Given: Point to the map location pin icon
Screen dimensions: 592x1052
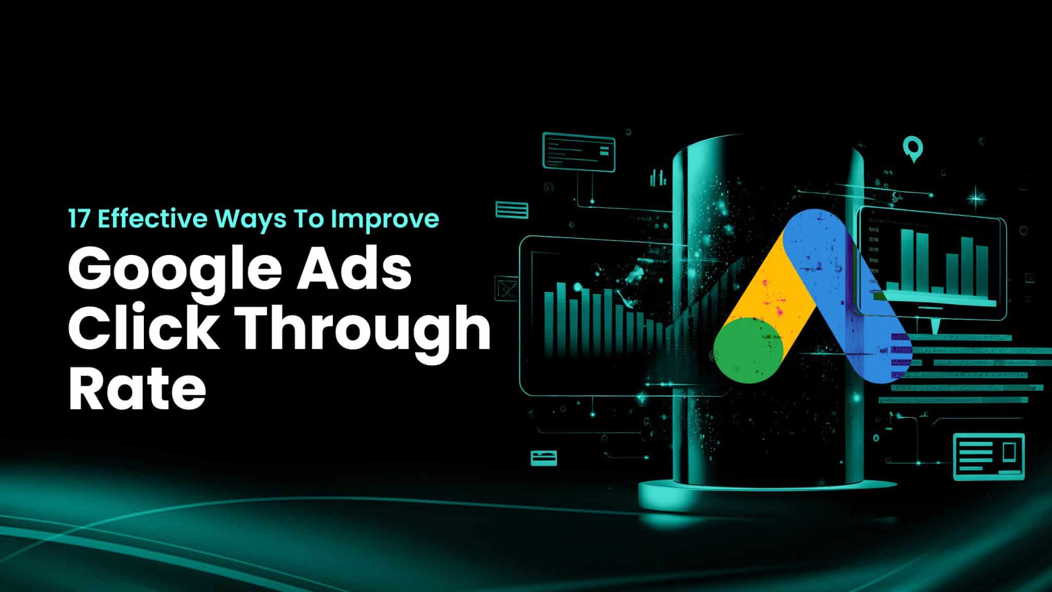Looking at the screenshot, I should pos(913,148).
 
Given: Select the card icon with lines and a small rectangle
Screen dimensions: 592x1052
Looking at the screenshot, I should pos(988,457).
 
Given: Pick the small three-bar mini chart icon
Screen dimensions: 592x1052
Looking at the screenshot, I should pos(657,178).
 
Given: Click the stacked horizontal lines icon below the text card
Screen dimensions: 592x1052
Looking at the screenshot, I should pos(512,210).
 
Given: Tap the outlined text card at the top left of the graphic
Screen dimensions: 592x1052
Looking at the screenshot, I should pos(578,151).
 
